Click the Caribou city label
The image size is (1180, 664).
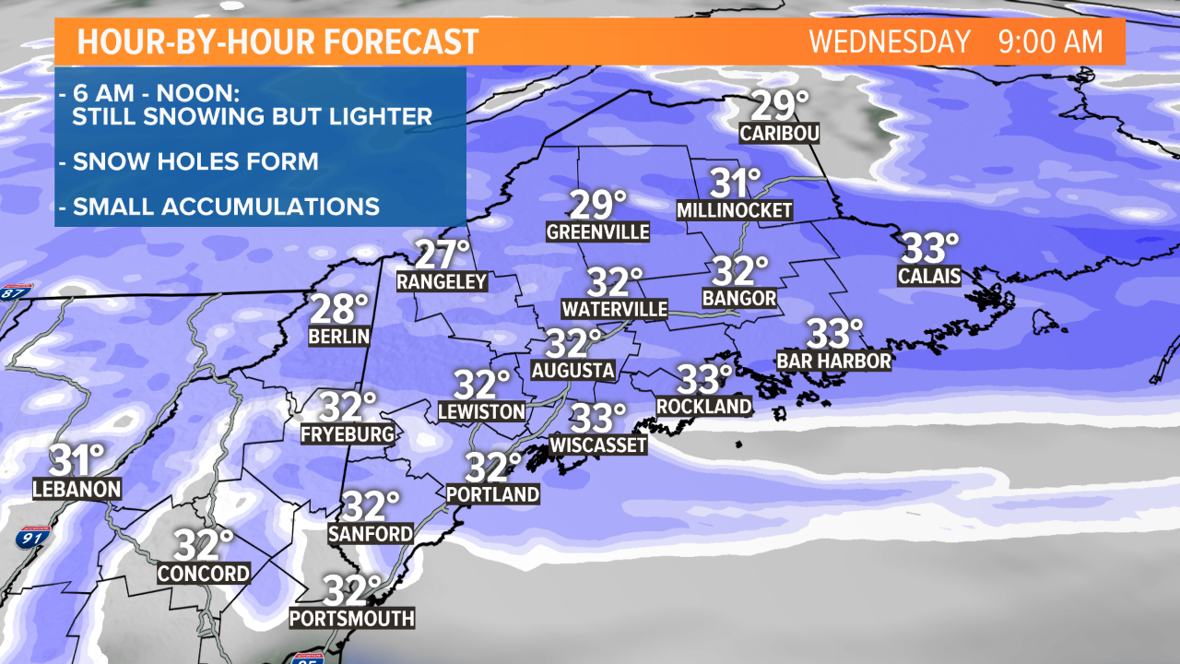779,134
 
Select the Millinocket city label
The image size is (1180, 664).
735,210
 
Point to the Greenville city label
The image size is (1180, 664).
598,231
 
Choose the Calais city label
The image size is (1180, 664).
929,275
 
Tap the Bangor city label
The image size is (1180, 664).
739,299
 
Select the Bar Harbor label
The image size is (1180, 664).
834,361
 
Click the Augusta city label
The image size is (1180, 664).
573,371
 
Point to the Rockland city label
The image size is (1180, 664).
704,406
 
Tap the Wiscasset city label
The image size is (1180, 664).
598,445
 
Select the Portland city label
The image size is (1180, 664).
492,494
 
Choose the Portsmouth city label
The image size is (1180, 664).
351,618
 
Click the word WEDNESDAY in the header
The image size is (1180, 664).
890,41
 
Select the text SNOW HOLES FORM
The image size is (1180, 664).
195,161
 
